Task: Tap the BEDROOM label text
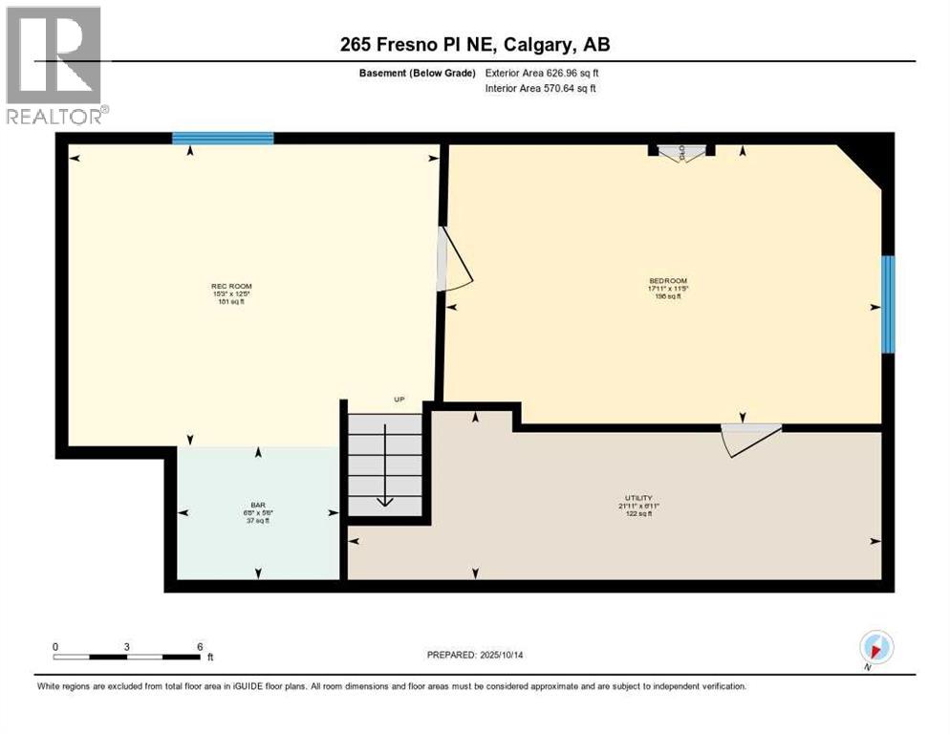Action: [667, 281]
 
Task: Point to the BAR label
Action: [257, 505]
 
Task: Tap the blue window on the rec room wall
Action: [223, 139]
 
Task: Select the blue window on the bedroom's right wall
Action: [888, 304]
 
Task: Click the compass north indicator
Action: [875, 647]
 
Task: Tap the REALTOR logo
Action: [54, 66]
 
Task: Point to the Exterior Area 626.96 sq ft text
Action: [541, 73]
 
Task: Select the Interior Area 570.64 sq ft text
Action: [541, 88]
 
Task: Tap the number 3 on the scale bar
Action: [127, 646]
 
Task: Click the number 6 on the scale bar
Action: [200, 646]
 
